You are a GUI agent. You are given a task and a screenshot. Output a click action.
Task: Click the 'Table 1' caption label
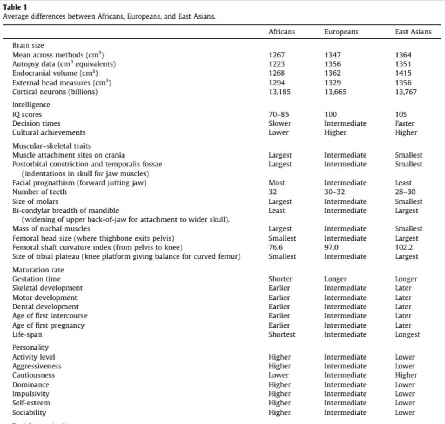click(15, 7)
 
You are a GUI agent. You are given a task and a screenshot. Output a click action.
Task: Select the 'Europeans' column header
click(341, 32)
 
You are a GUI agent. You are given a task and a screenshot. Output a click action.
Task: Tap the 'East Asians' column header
click(413, 32)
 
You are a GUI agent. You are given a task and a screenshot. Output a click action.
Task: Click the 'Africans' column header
click(281, 32)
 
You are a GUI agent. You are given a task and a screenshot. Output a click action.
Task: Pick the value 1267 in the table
click(277, 55)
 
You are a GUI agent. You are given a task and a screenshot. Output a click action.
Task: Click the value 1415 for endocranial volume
click(403, 73)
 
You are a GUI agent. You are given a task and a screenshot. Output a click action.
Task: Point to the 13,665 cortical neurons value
click(335, 92)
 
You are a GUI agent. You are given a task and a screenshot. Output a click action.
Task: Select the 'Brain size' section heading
click(28, 45)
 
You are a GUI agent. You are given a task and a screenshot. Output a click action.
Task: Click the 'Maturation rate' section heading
click(38, 270)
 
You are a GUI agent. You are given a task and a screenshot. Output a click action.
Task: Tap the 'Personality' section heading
click(30, 347)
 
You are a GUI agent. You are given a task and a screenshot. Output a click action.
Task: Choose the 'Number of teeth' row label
click(39, 192)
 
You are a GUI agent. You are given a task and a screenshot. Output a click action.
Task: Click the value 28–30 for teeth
click(405, 192)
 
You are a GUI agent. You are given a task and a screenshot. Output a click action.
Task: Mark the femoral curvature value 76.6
click(276, 247)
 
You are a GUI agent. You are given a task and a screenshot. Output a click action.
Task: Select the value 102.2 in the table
click(404, 247)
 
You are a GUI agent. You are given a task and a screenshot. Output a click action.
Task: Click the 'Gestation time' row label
click(36, 279)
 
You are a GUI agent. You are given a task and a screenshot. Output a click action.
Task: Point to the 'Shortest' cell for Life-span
click(282, 334)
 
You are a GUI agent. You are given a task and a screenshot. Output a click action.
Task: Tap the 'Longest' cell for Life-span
click(407, 334)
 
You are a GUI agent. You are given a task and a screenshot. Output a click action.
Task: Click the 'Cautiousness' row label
click(33, 375)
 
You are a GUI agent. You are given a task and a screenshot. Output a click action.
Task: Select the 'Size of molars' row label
click(35, 201)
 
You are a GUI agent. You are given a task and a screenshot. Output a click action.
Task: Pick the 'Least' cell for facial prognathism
click(403, 183)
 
